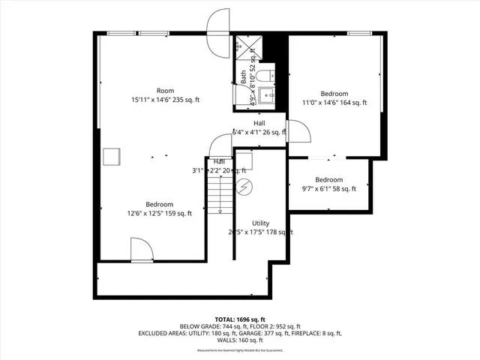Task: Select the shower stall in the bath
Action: (x=244, y=46)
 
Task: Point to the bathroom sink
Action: (x=266, y=94)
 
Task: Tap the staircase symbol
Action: (x=219, y=196)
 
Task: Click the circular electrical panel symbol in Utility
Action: (x=243, y=187)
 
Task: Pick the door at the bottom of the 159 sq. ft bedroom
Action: (x=141, y=250)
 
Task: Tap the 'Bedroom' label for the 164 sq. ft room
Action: (x=334, y=94)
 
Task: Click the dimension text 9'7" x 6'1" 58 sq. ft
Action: (x=329, y=189)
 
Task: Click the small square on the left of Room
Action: (x=112, y=156)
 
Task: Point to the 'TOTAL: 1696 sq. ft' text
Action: (x=239, y=319)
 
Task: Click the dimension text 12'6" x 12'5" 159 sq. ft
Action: (x=159, y=214)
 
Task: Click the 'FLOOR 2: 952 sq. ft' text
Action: (x=272, y=326)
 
